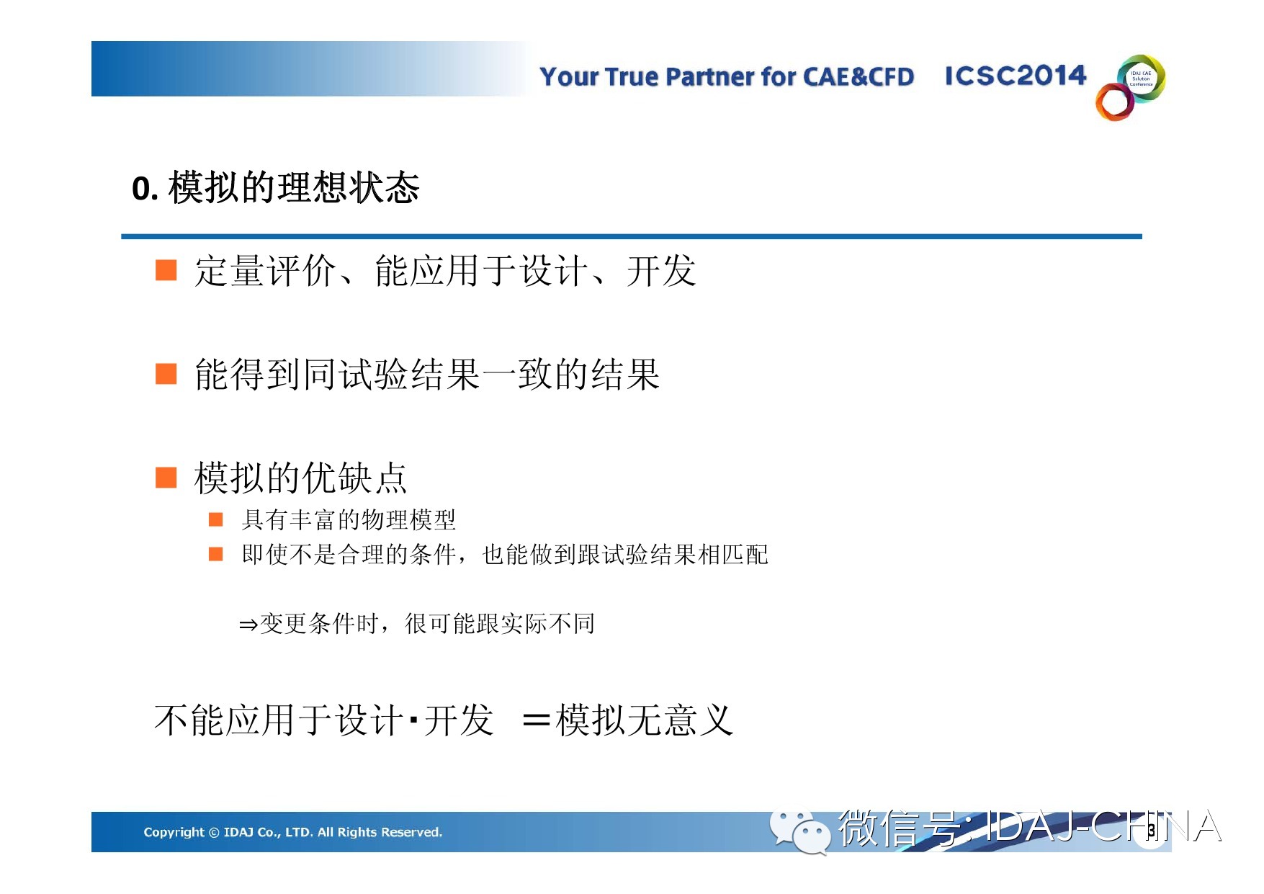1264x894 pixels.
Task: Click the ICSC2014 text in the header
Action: [1015, 76]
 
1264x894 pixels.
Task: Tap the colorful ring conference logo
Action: [1131, 87]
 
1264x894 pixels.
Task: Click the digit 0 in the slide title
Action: [141, 189]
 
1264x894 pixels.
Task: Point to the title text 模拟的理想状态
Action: [294, 188]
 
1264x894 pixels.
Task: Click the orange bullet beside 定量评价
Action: [166, 270]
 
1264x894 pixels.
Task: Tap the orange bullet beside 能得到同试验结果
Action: [166, 374]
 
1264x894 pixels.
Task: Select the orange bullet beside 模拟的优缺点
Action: [166, 478]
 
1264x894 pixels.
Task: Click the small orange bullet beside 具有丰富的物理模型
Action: [215, 519]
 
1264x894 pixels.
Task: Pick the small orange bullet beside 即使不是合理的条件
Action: [215, 554]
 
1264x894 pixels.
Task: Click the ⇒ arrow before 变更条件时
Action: [248, 625]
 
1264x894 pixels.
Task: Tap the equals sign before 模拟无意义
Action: [537, 719]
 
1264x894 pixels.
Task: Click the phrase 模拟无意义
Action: [645, 720]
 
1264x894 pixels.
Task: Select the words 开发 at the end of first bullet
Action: [661, 271]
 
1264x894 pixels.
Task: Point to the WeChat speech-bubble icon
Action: [799, 832]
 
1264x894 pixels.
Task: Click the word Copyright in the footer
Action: [174, 832]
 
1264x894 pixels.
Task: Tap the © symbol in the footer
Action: [214, 833]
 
